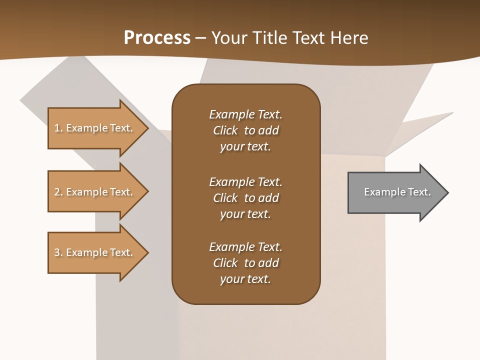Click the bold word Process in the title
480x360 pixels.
click(x=157, y=38)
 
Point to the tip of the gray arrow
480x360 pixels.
click(x=447, y=192)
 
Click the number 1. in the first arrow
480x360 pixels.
click(x=58, y=128)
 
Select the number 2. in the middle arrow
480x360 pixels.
click(x=58, y=192)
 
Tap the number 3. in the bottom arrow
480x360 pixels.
click(x=58, y=252)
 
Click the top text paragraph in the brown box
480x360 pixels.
click(x=245, y=130)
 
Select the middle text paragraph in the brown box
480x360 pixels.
click(x=245, y=198)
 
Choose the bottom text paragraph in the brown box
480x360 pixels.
click(x=245, y=263)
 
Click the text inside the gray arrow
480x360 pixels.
click(x=397, y=192)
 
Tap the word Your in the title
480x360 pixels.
click(x=228, y=38)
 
